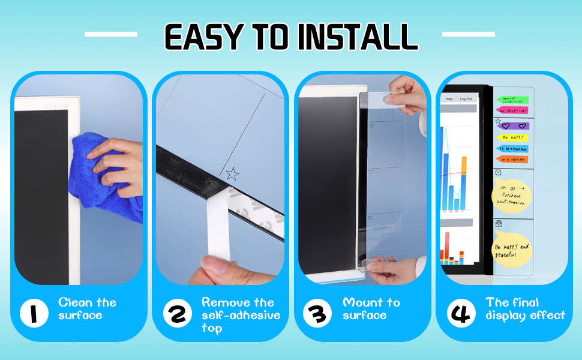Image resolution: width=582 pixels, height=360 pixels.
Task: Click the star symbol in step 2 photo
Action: coord(232,175)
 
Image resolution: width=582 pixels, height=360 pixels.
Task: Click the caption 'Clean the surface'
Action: coord(87,308)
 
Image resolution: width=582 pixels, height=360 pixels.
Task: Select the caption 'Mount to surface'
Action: coord(371,308)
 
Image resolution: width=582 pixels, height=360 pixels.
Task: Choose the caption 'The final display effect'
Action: coord(525,308)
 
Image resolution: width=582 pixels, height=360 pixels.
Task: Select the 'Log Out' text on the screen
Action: coord(466,98)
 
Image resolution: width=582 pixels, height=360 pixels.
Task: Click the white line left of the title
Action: coord(110,34)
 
